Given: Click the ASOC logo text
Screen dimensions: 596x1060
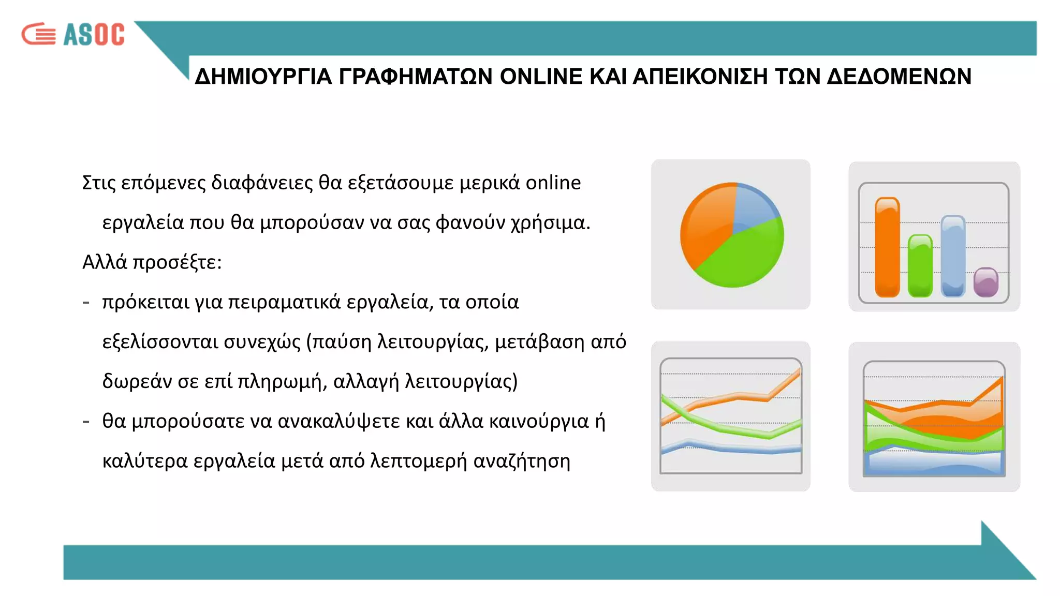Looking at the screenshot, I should tap(94, 35).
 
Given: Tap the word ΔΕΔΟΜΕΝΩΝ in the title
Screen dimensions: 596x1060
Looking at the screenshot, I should tap(899, 77).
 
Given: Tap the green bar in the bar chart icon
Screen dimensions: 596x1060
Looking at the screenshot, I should tap(920, 266).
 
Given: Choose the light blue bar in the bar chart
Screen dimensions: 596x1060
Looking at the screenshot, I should tap(953, 256).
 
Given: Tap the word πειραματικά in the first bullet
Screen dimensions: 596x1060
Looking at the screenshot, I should tap(284, 302).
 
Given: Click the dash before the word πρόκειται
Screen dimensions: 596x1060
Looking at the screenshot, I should tap(86, 302).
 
